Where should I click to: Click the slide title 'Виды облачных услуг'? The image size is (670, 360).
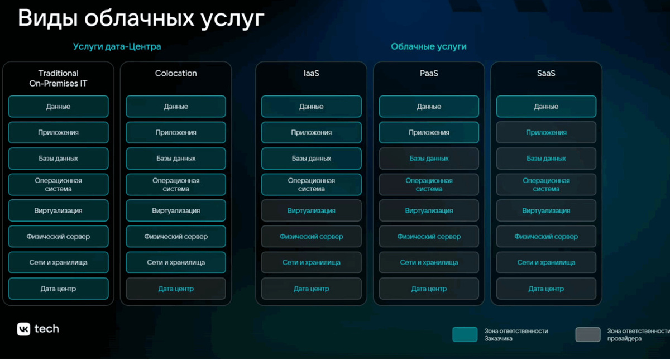[x=141, y=18]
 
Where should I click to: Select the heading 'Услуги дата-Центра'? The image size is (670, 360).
[x=117, y=46]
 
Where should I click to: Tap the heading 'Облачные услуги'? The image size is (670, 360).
[x=428, y=46]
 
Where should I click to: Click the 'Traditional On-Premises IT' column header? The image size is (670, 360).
[x=58, y=78]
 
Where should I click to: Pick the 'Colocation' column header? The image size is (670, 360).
[x=176, y=73]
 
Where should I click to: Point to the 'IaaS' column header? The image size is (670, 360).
[x=311, y=73]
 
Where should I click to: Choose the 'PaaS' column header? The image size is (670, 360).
[x=429, y=73]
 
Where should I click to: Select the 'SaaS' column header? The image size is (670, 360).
[x=546, y=73]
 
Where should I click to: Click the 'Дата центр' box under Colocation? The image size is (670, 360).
[x=176, y=289]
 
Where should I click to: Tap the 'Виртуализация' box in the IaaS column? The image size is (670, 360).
[x=311, y=210]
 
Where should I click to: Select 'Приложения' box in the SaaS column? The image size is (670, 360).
[x=546, y=132]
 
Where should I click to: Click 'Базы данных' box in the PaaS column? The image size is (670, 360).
[x=429, y=159]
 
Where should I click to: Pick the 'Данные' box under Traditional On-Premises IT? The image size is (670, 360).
[x=58, y=107]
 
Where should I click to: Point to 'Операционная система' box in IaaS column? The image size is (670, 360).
[x=311, y=185]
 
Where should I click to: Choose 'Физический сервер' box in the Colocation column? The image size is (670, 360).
[x=176, y=237]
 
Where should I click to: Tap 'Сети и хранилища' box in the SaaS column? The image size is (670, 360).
[x=546, y=262]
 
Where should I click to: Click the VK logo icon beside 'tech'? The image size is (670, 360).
[x=23, y=329]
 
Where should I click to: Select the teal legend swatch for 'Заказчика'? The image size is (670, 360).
[x=465, y=334]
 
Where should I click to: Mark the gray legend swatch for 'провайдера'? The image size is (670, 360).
[x=587, y=334]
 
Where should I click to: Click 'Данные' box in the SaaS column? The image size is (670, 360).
[x=546, y=107]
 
